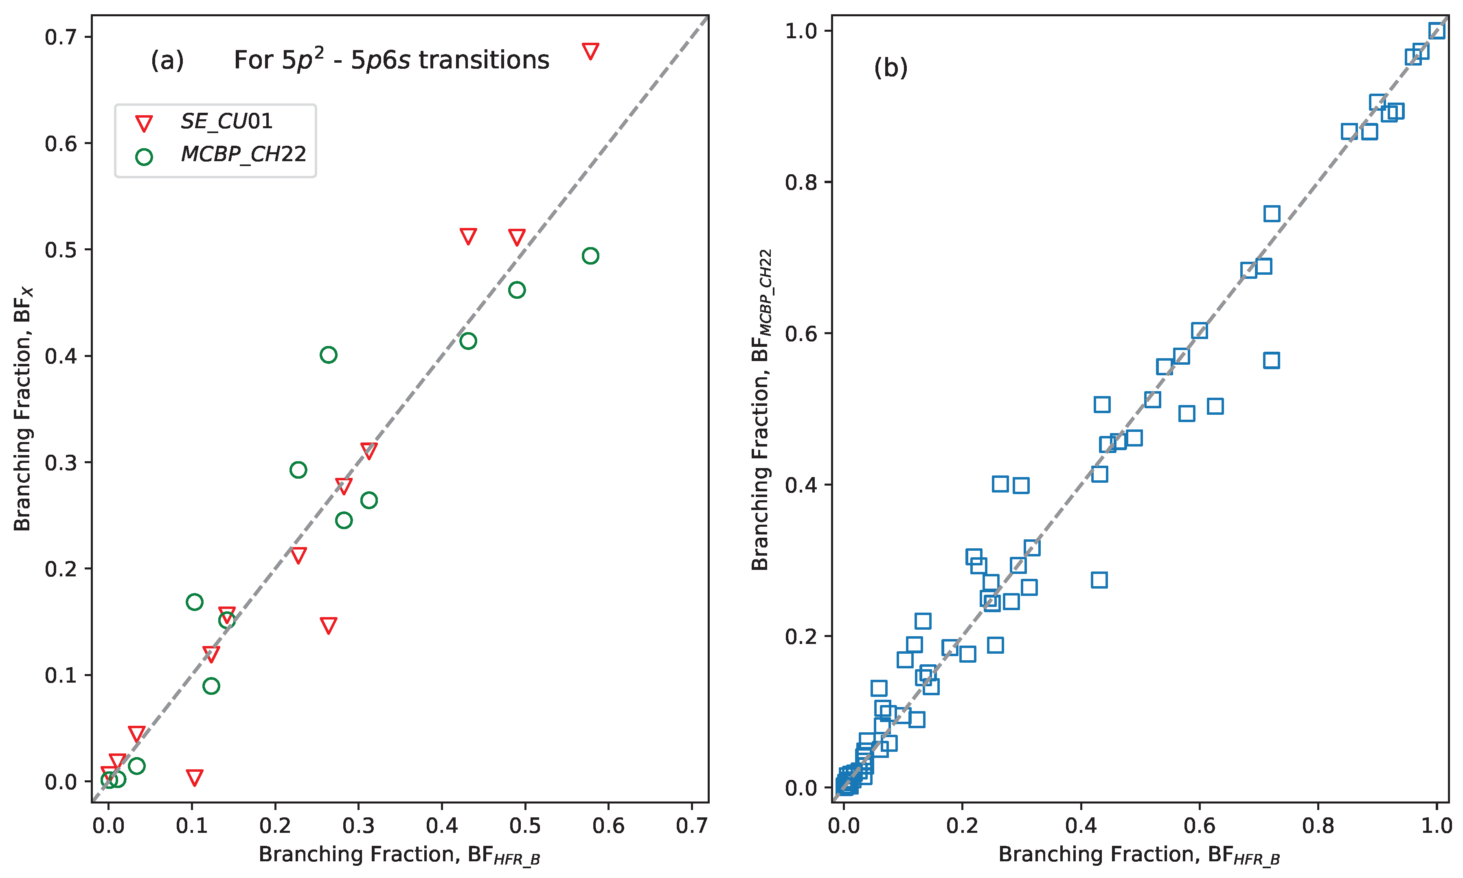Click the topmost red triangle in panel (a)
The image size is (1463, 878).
pos(590,51)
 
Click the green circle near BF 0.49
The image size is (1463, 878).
pos(517,290)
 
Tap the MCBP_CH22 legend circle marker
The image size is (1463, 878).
pos(144,157)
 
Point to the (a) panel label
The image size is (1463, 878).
pos(167,60)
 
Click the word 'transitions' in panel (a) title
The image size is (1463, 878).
pos(484,60)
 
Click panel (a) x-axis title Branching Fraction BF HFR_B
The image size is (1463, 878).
pos(399,855)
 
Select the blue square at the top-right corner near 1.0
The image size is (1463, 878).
pos(1437,31)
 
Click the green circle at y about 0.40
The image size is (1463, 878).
pos(329,355)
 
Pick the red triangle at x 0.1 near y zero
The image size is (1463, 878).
pos(195,777)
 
